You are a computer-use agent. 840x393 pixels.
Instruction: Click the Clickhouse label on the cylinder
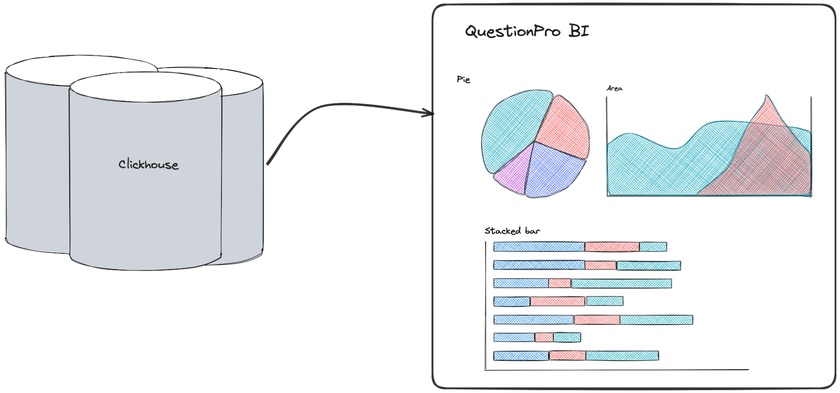point(148,164)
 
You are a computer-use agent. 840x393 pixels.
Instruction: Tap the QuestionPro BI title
point(527,31)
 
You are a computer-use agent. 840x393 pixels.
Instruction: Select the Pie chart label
point(463,79)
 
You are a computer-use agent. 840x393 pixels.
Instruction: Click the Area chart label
point(614,88)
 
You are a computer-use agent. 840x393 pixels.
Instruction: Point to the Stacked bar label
point(512,231)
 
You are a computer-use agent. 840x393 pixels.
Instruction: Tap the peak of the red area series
point(767,97)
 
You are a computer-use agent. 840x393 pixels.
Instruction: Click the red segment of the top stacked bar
point(612,247)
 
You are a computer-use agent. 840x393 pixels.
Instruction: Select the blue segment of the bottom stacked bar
point(521,356)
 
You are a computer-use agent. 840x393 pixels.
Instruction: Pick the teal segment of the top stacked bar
point(653,247)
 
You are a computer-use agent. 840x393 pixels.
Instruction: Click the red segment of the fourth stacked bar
point(557,301)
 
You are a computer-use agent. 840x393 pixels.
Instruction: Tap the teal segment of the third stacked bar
point(621,283)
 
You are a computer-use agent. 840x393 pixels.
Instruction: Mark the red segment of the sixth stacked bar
point(544,337)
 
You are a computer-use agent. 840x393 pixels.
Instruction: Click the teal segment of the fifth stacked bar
point(656,320)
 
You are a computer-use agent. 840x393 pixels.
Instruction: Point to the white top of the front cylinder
point(145,87)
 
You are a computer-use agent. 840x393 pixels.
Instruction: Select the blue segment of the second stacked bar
point(539,265)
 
